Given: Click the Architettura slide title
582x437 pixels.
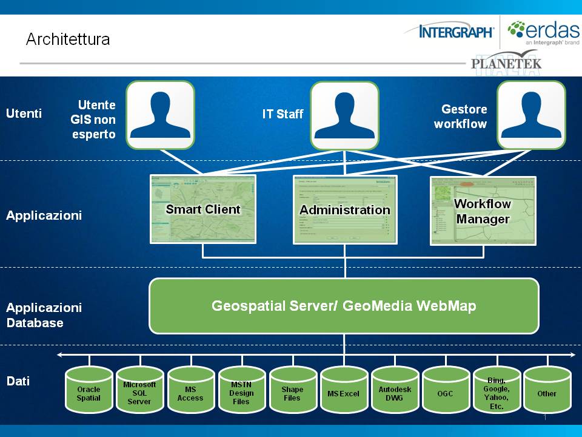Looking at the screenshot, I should point(68,39).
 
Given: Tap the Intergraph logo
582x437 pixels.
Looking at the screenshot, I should point(449,31).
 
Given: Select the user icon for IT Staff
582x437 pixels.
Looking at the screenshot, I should point(344,115).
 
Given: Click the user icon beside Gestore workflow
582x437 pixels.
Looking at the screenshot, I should point(531,115).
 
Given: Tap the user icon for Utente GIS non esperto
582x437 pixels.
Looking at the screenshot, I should point(161,115).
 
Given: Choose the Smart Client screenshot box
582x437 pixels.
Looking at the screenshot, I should point(203,209).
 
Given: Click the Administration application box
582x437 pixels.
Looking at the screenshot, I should point(345,210).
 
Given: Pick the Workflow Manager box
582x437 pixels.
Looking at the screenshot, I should point(483,211).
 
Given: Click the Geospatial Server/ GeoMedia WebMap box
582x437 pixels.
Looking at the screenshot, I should point(344,306).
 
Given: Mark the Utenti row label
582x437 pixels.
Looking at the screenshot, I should point(24,113).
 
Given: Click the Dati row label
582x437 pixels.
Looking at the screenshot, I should point(18,381).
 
